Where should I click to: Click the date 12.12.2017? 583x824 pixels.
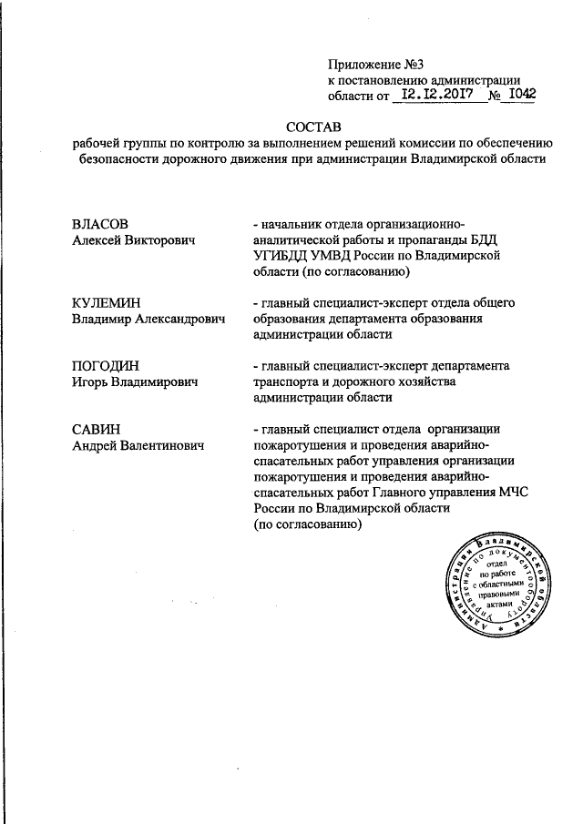coord(435,93)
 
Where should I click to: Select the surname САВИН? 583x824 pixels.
coord(97,428)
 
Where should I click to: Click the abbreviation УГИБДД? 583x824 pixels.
coord(280,256)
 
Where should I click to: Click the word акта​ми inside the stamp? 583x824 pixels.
coord(501,605)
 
